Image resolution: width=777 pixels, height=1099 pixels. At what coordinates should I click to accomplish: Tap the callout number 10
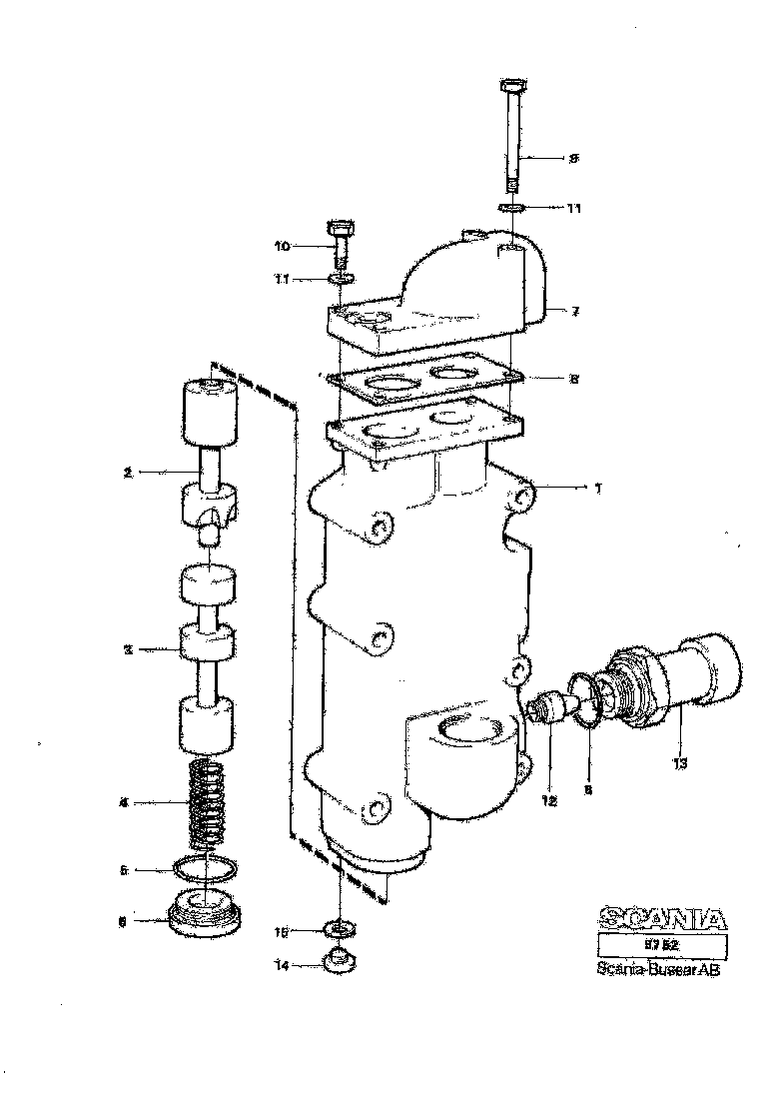(x=283, y=245)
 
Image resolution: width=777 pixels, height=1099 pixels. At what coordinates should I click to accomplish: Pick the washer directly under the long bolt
(x=512, y=208)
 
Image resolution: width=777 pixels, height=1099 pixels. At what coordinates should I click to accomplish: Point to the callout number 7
(x=576, y=312)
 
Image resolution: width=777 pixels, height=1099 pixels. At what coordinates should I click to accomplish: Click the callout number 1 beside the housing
(x=597, y=489)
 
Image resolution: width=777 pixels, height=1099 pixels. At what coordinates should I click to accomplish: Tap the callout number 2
(x=128, y=473)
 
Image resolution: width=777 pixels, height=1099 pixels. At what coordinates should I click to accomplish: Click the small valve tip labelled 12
(x=545, y=710)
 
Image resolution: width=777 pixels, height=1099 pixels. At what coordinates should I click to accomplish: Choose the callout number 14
(x=282, y=967)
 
